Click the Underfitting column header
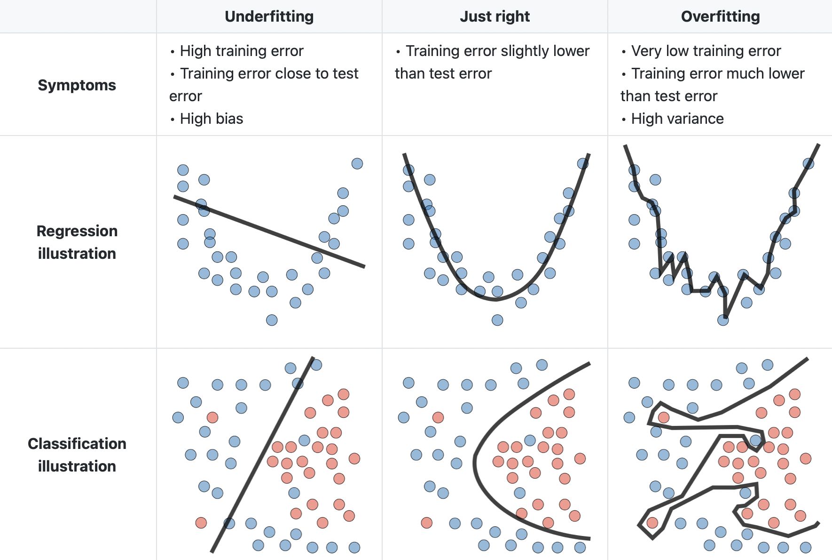coord(269,16)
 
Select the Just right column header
coord(494,16)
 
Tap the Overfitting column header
coord(720,16)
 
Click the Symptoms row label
coord(77,85)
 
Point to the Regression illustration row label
coord(77,242)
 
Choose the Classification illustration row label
coord(77,455)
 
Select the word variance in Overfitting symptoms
coord(700,119)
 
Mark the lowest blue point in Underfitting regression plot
coord(272,320)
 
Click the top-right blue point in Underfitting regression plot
coord(357,163)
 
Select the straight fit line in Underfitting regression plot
coord(269,232)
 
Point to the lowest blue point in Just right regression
coord(497,320)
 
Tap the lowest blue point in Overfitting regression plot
coord(723,320)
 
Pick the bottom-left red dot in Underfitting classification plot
coord(201,522)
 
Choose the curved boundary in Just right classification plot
coord(476,464)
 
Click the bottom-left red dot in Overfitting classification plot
coord(652,522)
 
